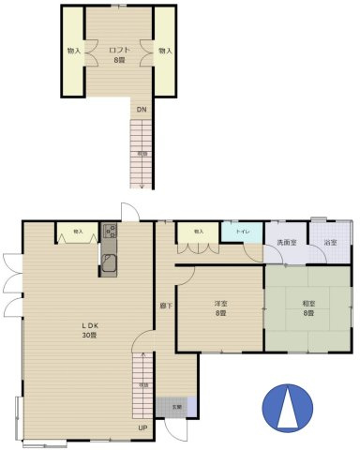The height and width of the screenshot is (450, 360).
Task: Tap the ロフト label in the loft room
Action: click(119, 50)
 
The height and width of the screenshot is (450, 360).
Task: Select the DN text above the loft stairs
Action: click(141, 110)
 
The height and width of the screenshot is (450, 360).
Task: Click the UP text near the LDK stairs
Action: click(142, 428)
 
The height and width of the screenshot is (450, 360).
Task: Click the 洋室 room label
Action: click(221, 304)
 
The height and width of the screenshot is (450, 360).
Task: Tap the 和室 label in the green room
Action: click(308, 304)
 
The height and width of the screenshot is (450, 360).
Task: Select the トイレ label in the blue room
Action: click(241, 231)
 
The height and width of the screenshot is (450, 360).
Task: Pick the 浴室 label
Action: click(330, 243)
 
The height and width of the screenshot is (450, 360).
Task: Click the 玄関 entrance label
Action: click(175, 407)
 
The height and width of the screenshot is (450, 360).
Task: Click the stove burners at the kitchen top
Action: click(110, 231)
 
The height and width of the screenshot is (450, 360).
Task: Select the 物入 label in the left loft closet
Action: click(73, 50)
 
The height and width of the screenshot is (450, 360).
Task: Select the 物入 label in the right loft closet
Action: click(165, 50)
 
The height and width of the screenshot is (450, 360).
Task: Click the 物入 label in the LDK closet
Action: click(78, 231)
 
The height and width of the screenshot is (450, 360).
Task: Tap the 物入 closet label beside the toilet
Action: click(198, 231)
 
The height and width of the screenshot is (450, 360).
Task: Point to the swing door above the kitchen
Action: click(129, 212)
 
